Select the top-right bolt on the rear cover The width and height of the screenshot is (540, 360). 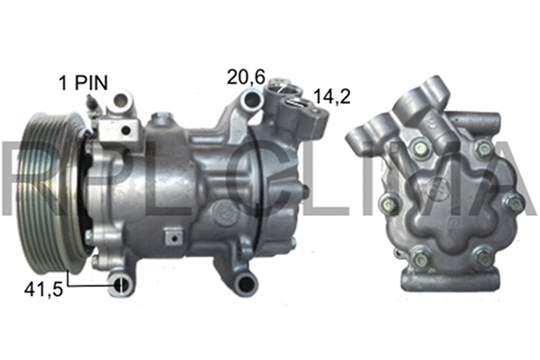tap(483, 148)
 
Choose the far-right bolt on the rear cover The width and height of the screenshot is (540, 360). tap(514, 203)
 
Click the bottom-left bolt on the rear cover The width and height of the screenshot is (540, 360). tap(418, 261)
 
